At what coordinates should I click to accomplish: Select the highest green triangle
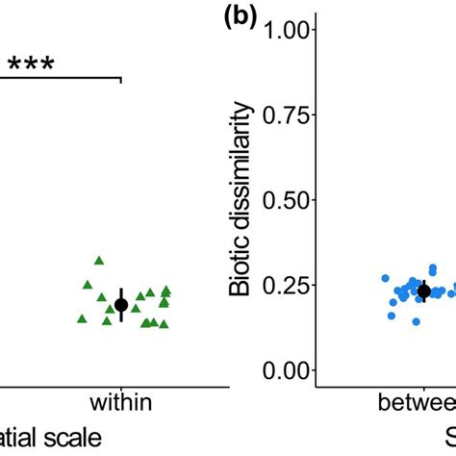tap(99, 260)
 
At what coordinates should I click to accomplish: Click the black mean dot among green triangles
tap(121, 304)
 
